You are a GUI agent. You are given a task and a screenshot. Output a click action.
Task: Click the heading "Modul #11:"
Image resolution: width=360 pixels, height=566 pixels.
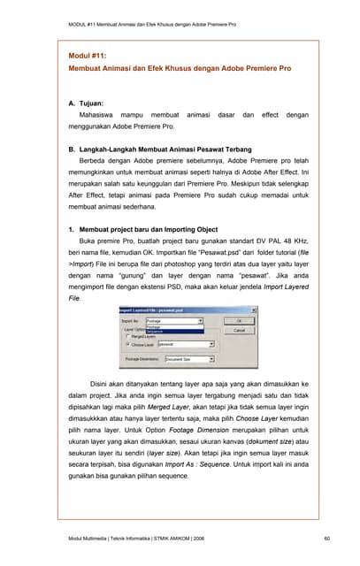point(88,55)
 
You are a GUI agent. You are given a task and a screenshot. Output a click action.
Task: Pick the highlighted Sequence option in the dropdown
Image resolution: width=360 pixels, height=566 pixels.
point(161,332)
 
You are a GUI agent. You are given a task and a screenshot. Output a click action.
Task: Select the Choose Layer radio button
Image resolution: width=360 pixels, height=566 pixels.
point(128,345)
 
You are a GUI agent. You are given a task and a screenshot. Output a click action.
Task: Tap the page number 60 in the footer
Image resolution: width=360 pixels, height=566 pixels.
point(326,539)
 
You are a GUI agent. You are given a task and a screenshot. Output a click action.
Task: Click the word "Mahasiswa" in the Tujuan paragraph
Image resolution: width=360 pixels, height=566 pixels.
point(102,115)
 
